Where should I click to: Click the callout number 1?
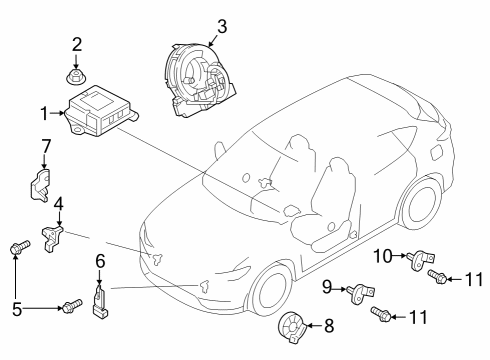click(44, 113)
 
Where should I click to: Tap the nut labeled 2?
click(76, 77)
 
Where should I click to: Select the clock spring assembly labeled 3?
click(198, 80)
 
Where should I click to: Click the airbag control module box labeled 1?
click(101, 111)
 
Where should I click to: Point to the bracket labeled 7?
click(40, 185)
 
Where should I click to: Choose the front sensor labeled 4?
click(52, 238)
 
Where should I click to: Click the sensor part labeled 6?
click(100, 301)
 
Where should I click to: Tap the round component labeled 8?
click(292, 327)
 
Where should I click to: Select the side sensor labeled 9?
click(361, 293)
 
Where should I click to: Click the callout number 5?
click(17, 309)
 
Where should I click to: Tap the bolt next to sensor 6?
click(72, 305)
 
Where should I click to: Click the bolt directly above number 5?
click(20, 247)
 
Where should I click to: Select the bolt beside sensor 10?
click(438, 277)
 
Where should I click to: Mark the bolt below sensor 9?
click(381, 314)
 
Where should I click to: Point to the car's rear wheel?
click(421, 204)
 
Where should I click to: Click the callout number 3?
click(222, 26)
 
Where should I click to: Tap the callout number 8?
click(329, 326)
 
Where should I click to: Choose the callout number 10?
click(383, 256)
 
